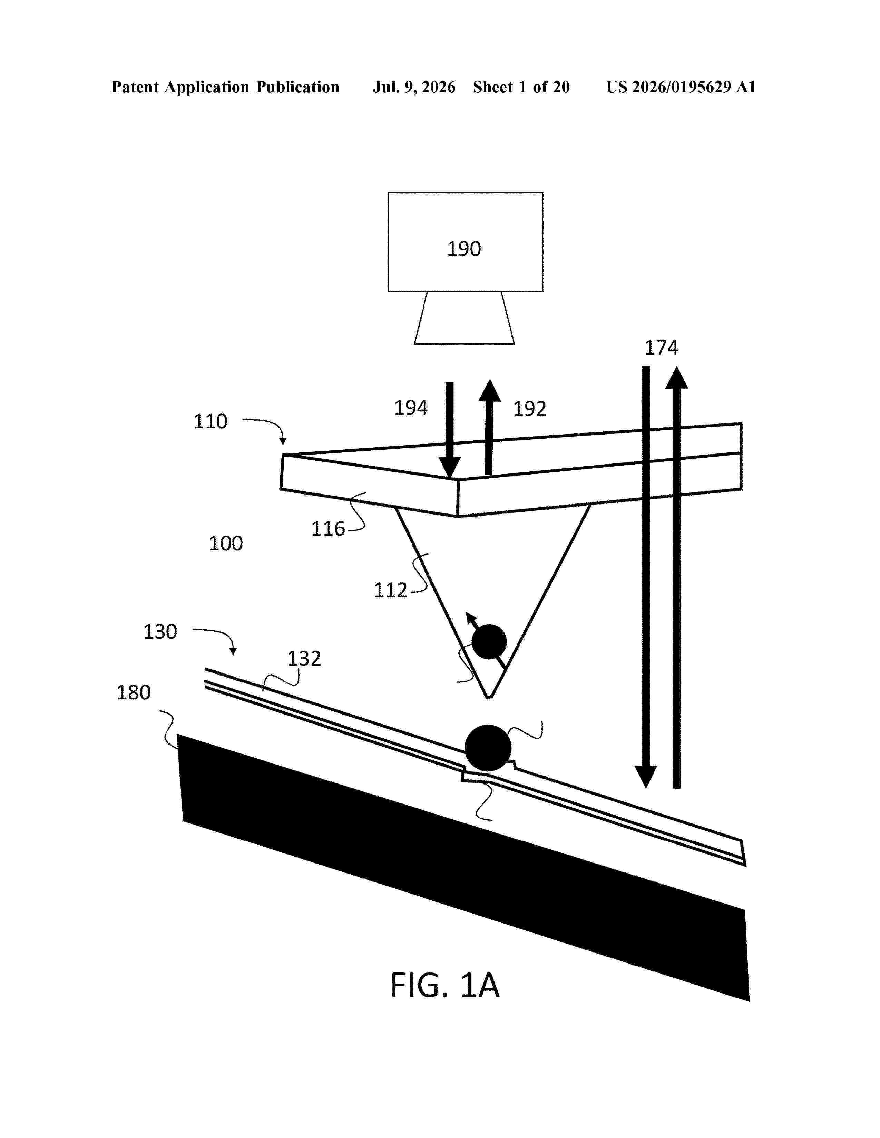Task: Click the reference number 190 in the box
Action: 463,249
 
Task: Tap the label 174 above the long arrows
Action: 661,348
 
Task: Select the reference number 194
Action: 410,408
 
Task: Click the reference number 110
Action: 210,421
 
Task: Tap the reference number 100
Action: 225,543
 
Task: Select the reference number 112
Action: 390,590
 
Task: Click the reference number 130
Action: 160,631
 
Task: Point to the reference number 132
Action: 304,659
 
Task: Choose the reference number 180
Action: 134,692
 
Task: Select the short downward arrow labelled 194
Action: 449,430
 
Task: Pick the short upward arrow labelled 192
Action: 489,427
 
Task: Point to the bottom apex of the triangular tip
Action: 488,698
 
